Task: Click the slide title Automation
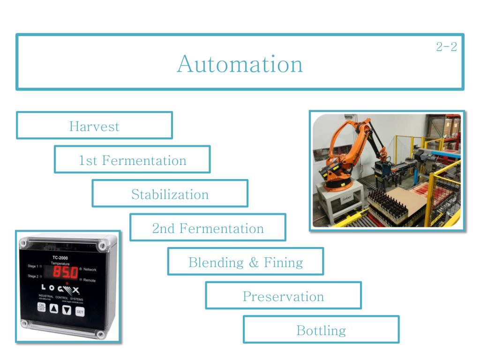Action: tap(240, 63)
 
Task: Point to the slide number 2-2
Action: tap(446, 47)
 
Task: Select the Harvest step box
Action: tap(94, 126)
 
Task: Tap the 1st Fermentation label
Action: tap(132, 160)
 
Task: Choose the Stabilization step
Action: tap(170, 194)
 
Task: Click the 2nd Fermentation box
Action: tap(208, 228)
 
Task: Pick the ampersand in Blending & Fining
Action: tap(254, 262)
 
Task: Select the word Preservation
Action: tap(283, 296)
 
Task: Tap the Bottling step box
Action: tap(321, 330)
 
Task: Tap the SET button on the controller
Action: tap(80, 311)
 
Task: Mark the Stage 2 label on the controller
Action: tap(34, 276)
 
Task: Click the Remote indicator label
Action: tap(89, 280)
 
